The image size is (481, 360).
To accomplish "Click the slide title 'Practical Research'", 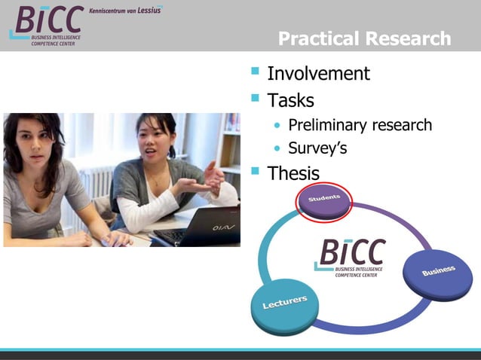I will (364, 38).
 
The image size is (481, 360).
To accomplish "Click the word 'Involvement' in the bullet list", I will (318, 74).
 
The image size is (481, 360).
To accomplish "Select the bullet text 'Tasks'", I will (290, 99).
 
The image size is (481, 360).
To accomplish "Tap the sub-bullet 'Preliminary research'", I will (360, 124).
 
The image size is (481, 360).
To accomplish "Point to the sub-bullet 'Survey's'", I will (317, 148).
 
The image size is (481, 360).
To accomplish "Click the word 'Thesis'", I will (293, 173).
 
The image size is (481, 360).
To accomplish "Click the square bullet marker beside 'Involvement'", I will (255, 72).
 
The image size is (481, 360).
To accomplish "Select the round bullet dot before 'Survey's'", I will (279, 148).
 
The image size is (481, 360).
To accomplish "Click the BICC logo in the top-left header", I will (47, 24).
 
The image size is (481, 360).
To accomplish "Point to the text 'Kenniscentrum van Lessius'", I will (125, 11).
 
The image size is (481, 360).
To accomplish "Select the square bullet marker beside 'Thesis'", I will (255, 172).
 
